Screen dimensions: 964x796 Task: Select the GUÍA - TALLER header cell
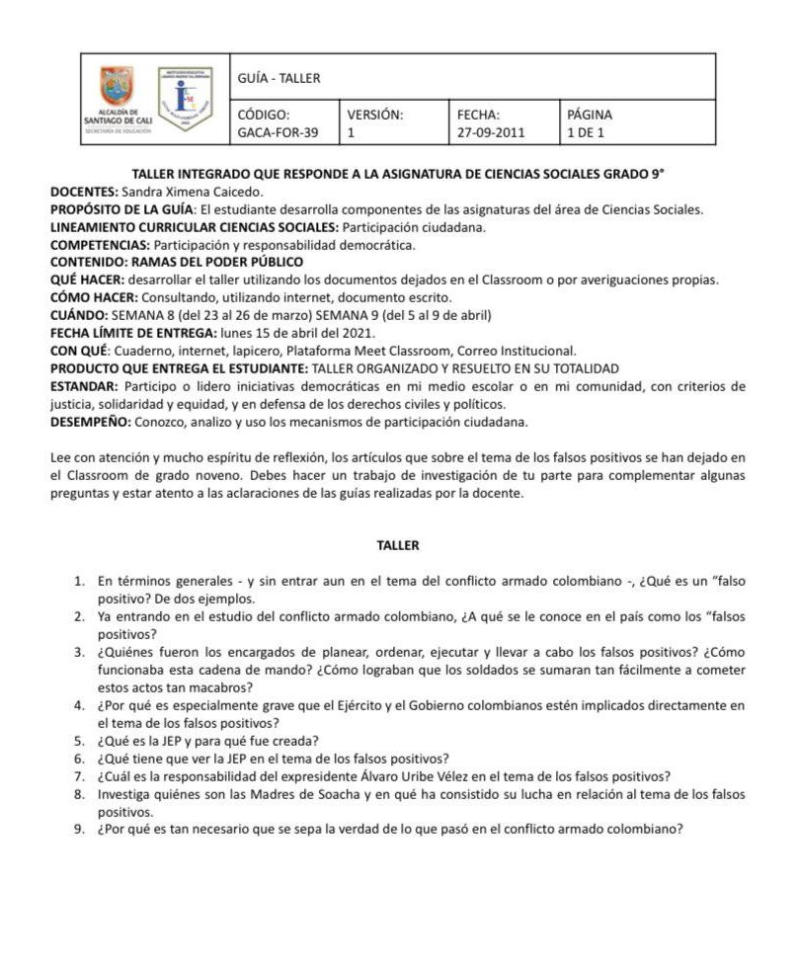coord(279,78)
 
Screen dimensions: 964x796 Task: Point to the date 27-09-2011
coord(491,131)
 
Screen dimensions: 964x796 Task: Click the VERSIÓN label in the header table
coord(375,114)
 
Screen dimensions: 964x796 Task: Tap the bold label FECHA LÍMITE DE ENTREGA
coord(132,333)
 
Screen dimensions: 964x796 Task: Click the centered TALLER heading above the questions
coord(398,544)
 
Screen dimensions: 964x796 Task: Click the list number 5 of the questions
coord(80,741)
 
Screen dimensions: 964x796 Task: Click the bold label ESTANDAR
coord(85,386)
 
